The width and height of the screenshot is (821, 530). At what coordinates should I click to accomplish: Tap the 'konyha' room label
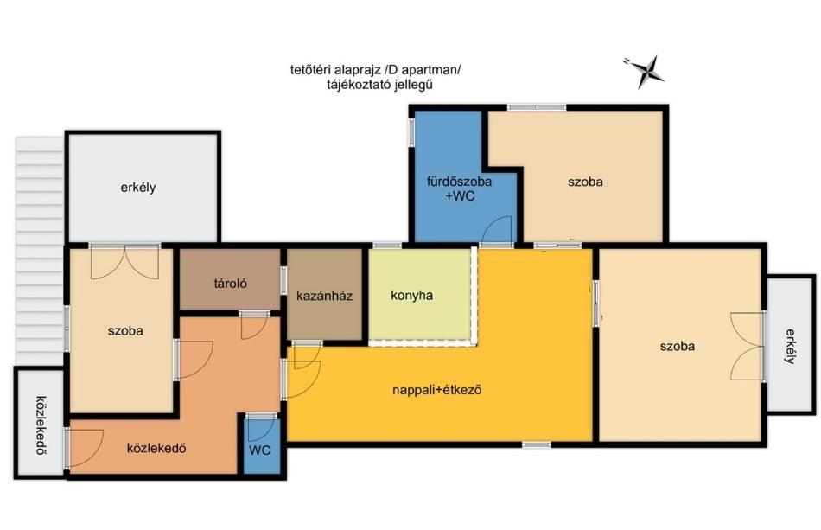(x=411, y=296)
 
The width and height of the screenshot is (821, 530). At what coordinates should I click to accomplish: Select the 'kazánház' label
(x=324, y=296)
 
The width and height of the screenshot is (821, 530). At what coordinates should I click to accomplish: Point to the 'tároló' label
(x=231, y=284)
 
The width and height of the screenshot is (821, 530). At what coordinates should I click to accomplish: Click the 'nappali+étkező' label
(x=436, y=390)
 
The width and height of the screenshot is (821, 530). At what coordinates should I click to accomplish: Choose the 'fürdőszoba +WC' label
(x=459, y=188)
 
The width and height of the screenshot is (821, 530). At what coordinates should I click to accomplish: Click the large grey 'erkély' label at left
(x=138, y=188)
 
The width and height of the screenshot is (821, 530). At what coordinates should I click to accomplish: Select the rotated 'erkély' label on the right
(x=791, y=346)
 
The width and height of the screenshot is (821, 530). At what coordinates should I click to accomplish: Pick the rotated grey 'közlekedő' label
(x=41, y=425)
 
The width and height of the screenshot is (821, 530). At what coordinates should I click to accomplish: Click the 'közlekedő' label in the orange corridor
(x=156, y=449)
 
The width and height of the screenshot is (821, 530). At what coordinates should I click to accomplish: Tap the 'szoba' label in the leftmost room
(x=125, y=331)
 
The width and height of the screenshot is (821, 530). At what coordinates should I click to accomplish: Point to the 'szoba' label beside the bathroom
(x=585, y=182)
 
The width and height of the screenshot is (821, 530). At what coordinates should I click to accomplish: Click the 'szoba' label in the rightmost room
(x=678, y=346)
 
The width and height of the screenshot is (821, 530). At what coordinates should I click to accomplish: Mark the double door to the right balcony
(x=748, y=346)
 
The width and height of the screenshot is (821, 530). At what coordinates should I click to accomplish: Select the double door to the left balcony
(x=124, y=262)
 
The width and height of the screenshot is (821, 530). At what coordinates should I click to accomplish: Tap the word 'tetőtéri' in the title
(x=309, y=70)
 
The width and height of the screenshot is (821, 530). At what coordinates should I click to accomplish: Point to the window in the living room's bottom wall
(x=536, y=444)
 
